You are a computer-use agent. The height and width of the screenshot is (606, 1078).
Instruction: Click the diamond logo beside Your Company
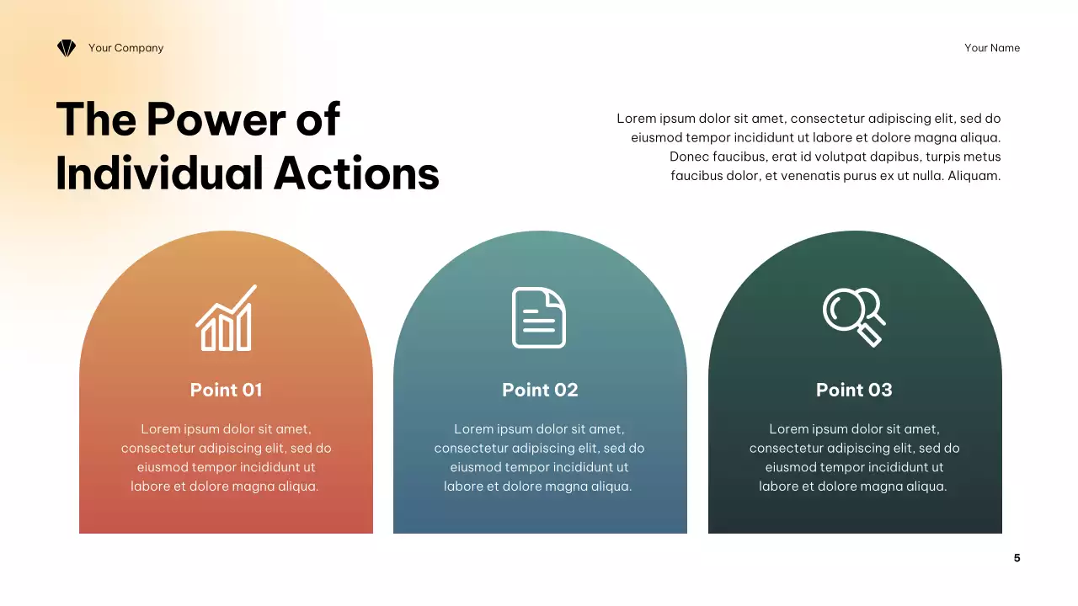(x=67, y=48)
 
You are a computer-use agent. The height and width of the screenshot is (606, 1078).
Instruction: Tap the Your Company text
(x=125, y=48)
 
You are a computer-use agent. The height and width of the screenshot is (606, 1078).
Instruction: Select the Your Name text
(x=991, y=48)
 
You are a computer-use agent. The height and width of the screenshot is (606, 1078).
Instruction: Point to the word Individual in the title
(x=159, y=173)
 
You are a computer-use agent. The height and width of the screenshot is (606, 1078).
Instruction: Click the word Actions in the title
(x=356, y=173)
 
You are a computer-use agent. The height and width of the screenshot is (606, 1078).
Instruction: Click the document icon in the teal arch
(x=539, y=317)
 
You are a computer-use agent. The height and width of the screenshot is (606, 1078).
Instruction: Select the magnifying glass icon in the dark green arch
(x=853, y=316)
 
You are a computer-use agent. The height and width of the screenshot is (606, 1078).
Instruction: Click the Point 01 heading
(x=226, y=390)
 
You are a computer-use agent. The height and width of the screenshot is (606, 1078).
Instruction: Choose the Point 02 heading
(x=540, y=390)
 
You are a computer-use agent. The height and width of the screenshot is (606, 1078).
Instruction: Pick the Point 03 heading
(x=854, y=390)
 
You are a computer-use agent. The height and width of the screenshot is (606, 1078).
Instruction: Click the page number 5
(x=1017, y=558)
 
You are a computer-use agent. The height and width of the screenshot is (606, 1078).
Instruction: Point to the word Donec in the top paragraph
(x=688, y=157)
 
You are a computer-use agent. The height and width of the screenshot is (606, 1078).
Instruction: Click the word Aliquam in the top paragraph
(x=974, y=176)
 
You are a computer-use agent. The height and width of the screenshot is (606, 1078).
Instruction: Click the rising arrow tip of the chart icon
(x=253, y=288)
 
